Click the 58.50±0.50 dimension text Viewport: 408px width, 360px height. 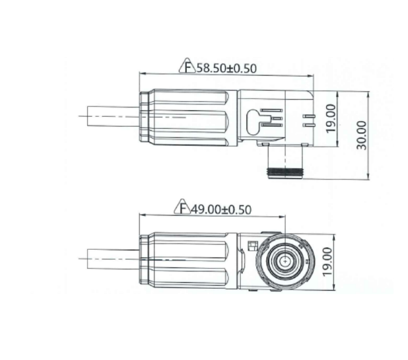pyautogui.click(x=226, y=68)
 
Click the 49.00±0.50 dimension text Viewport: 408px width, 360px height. pyautogui.click(x=221, y=209)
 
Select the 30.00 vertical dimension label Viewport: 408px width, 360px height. pyautogui.click(x=361, y=135)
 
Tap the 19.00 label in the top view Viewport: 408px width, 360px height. pyautogui.click(x=331, y=118)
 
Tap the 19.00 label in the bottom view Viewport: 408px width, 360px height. pyautogui.click(x=327, y=262)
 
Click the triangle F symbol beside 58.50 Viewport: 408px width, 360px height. pyautogui.click(x=187, y=65)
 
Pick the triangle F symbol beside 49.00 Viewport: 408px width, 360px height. pyautogui.click(x=182, y=207)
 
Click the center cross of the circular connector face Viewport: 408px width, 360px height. pyautogui.click(x=285, y=260)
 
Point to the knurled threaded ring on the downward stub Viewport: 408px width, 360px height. pyautogui.click(x=285, y=172)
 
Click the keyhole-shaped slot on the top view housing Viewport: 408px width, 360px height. pyautogui.click(x=253, y=122)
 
